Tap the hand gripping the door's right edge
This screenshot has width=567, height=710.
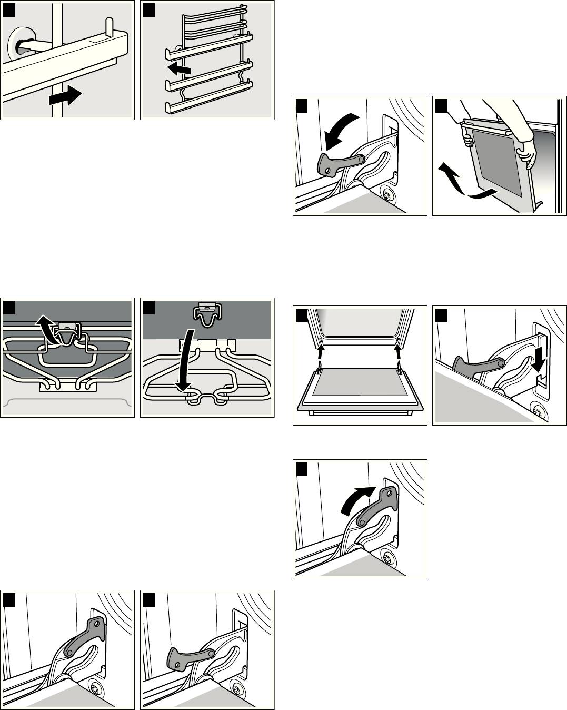(526, 153)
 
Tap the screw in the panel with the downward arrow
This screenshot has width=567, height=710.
(537, 409)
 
